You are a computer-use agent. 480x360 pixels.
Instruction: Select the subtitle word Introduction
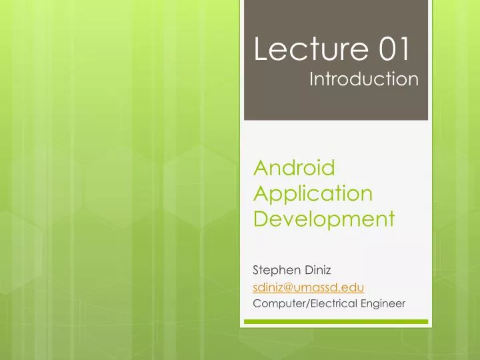coord(364,81)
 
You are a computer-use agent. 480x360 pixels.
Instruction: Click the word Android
coord(294,167)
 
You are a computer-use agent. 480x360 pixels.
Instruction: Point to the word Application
coord(313,193)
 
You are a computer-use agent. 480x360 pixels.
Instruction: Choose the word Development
coord(324,219)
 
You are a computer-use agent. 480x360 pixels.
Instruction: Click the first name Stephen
coord(275,269)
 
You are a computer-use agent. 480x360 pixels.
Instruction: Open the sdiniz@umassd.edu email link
coord(308,287)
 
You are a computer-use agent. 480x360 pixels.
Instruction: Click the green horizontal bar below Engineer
coord(335,321)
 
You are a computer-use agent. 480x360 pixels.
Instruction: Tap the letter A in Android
coord(262,167)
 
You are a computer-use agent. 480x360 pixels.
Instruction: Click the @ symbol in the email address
coord(288,287)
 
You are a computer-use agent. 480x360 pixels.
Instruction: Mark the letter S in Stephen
coord(257,269)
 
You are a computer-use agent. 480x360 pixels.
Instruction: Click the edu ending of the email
coord(354,287)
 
